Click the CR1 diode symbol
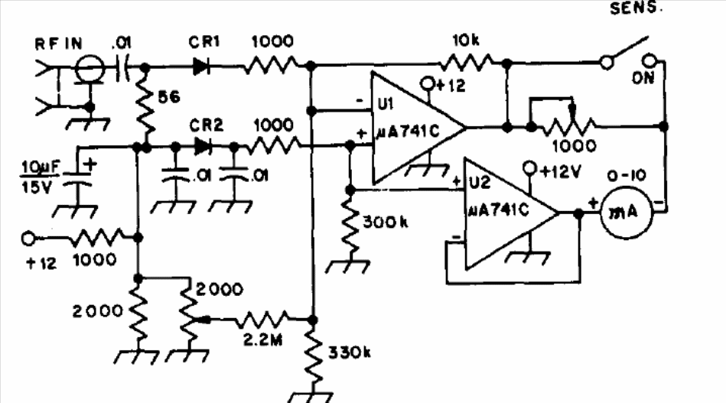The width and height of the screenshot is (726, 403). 201,67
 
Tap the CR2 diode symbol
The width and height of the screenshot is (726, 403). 203,147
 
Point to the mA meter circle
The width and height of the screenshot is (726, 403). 627,212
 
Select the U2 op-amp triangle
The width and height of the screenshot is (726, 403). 512,213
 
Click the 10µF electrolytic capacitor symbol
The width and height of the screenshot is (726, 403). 77,179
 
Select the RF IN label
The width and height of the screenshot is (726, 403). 59,44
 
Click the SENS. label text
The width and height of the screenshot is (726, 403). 636,8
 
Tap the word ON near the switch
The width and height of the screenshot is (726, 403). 643,78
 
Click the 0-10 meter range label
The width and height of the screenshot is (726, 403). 627,176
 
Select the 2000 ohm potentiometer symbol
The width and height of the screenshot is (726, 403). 188,319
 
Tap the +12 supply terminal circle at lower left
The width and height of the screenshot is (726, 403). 28,239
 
